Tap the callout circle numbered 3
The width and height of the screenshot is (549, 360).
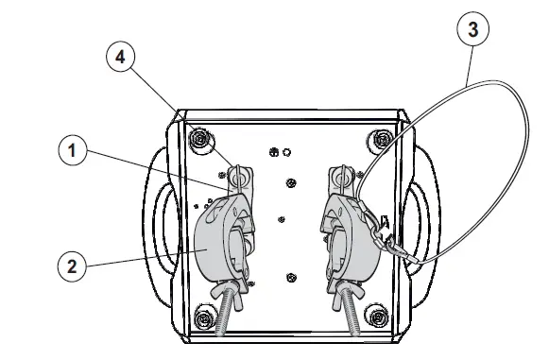click(x=472, y=29)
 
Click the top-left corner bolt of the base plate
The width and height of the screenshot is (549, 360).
click(x=201, y=141)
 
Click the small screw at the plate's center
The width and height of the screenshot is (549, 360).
click(x=283, y=219)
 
